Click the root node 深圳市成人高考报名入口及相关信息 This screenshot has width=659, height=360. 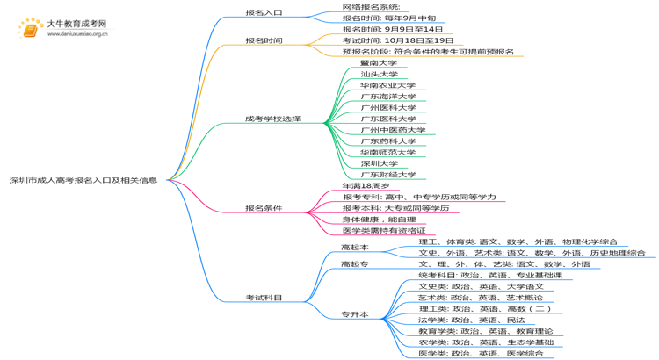pyautogui.click(x=84, y=180)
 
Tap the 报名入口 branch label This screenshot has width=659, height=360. pyautogui.click(x=264, y=13)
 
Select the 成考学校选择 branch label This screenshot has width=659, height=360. pyautogui.click(x=272, y=119)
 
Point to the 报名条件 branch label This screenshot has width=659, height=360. pyautogui.click(x=264, y=209)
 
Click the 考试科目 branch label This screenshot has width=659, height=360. pyautogui.click(x=264, y=298)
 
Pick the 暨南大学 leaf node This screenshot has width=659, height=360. pyautogui.click(x=379, y=63)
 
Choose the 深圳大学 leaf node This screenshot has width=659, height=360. pyautogui.click(x=379, y=163)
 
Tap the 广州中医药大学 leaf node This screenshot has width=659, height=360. pyautogui.click(x=393, y=130)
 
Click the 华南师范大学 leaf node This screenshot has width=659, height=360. pyautogui.click(x=388, y=152)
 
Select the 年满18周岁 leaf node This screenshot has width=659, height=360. pyautogui.click(x=366, y=186)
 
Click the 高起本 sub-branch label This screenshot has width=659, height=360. pyautogui.click(x=355, y=248)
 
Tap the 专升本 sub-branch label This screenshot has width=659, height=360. pyautogui.click(x=355, y=314)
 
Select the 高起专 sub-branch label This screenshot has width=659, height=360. pyautogui.click(x=355, y=264)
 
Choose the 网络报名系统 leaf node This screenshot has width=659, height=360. pyautogui.click(x=377, y=7)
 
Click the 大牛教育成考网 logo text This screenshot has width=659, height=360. pyautogui.click(x=76, y=24)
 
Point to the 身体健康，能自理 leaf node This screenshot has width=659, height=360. pyautogui.click(x=379, y=220)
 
